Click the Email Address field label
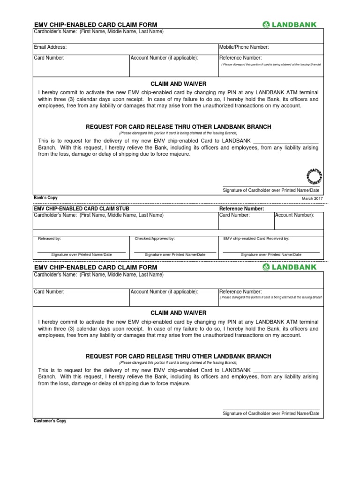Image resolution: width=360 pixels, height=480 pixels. click(x=50, y=47)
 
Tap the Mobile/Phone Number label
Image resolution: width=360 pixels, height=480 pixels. click(x=244, y=47)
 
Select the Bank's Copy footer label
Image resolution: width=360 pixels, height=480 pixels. click(x=45, y=198)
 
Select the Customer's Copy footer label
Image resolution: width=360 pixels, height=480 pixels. click(x=50, y=421)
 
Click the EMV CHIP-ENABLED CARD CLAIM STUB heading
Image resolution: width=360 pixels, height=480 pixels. click(x=82, y=209)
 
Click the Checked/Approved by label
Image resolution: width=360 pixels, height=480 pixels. click(x=155, y=239)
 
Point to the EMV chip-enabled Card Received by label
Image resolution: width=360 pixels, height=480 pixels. click(x=256, y=239)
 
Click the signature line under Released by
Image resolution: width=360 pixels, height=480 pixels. click(x=81, y=252)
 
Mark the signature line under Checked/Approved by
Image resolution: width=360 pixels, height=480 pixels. click(x=175, y=252)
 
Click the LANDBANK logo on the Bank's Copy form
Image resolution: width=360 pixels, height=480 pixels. click(x=290, y=24)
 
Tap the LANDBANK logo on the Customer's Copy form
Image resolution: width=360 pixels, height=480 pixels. click(x=290, y=267)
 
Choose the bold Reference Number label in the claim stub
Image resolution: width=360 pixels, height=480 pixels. click(x=242, y=209)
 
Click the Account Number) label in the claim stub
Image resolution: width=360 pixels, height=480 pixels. click(x=294, y=215)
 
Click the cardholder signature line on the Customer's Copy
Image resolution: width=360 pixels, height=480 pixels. click(x=271, y=409)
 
